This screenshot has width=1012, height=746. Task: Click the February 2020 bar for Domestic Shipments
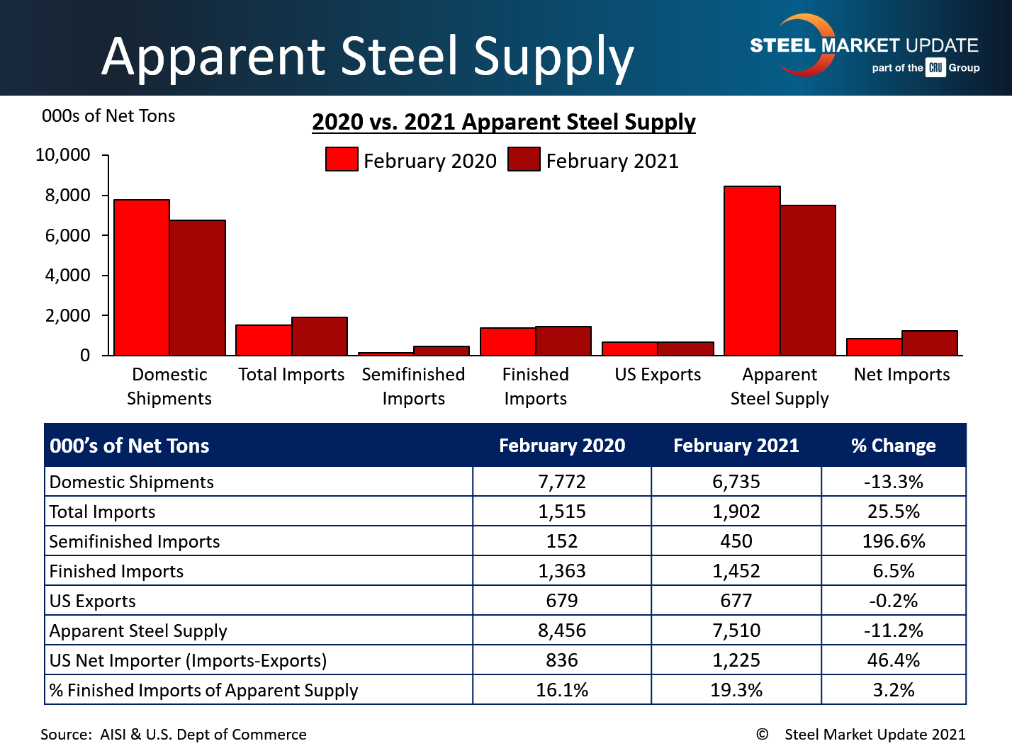point(142,277)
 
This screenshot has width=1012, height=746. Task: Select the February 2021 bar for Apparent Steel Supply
point(808,280)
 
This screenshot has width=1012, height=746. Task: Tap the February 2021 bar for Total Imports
point(320,336)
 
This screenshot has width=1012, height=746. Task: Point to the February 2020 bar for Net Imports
point(874,346)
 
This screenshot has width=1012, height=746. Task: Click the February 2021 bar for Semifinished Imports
point(442,350)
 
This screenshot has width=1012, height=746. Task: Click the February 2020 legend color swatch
point(342,159)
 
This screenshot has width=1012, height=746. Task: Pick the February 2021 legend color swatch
point(524,159)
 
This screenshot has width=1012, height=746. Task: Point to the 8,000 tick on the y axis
point(68,195)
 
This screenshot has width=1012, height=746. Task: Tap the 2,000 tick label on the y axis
point(68,315)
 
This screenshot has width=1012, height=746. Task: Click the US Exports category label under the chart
point(658,374)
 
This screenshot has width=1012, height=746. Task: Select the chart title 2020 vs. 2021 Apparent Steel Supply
point(504,122)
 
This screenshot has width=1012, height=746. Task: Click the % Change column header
point(893,446)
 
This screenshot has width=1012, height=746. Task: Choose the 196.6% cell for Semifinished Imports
point(893,541)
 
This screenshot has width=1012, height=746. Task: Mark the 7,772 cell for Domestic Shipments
point(562,482)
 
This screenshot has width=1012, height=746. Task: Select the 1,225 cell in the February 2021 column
point(736,660)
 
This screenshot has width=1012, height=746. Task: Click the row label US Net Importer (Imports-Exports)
point(188,660)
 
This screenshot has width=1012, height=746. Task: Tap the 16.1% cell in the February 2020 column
point(562,690)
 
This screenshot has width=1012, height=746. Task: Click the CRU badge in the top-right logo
point(935,68)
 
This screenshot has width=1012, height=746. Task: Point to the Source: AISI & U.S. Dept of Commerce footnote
point(174,735)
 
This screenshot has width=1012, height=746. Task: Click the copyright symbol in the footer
point(763,735)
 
